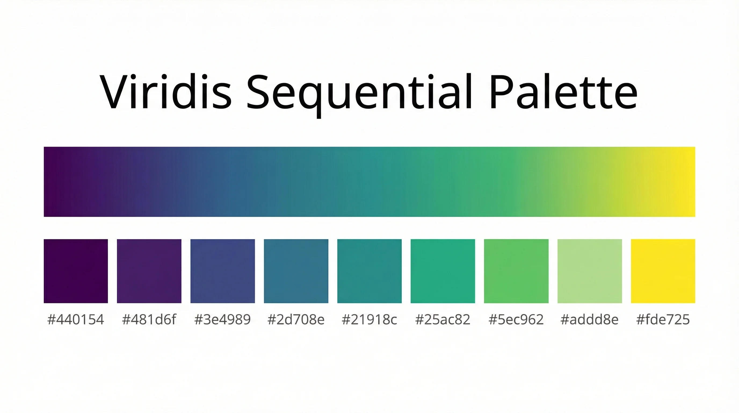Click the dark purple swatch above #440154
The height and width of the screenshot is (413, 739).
[x=76, y=271]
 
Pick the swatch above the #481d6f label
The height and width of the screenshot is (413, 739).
[x=149, y=271]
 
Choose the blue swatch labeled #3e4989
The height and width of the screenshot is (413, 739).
[x=223, y=271]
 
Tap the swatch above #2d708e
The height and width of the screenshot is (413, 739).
[x=296, y=271]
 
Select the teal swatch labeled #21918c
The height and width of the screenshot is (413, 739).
[x=369, y=271]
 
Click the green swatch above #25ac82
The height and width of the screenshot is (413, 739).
[x=443, y=271]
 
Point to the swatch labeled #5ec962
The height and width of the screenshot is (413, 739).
[x=516, y=271]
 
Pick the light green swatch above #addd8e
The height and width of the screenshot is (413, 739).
[x=589, y=271]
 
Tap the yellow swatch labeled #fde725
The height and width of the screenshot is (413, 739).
[x=663, y=271]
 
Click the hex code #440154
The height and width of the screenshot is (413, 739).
[x=76, y=319]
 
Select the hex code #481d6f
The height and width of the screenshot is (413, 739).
[x=149, y=319]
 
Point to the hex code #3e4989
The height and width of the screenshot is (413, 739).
[x=223, y=319]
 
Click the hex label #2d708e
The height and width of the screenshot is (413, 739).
[x=296, y=319]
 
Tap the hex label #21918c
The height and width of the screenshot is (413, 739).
[x=369, y=319]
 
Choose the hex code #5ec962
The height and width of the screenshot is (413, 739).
[x=516, y=319]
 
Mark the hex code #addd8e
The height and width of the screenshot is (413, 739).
[x=589, y=319]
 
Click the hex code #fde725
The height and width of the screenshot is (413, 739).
[x=663, y=319]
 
